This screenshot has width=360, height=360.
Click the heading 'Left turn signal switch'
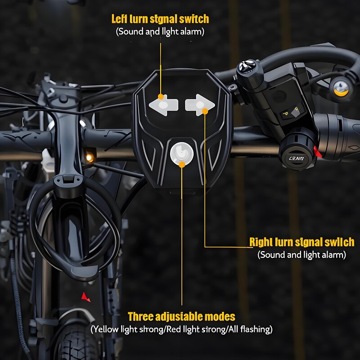click(160, 19)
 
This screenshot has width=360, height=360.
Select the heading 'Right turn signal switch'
click(301, 242)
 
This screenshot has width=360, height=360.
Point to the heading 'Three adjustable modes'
click(181, 316)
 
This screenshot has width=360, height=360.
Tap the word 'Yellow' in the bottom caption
click(105, 329)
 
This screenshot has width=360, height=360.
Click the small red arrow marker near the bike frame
click(85, 297)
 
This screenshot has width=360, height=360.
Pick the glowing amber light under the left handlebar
click(90, 157)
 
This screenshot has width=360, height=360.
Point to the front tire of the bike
click(76, 342)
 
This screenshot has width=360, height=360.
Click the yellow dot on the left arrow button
click(160, 97)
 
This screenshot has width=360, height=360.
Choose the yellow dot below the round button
click(182, 165)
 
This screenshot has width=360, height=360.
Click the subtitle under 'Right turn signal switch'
click(301, 255)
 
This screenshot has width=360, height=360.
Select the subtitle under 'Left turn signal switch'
click(160, 32)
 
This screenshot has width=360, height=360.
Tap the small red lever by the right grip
click(318, 152)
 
